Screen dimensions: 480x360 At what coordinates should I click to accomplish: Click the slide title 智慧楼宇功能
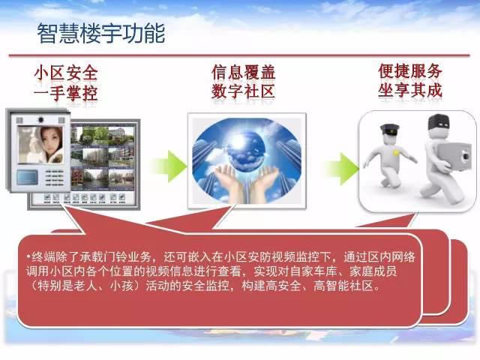pyautogui.click(x=101, y=33)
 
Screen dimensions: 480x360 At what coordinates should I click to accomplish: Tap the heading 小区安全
pyautogui.click(x=66, y=73)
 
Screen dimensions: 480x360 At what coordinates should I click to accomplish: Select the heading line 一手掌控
pyautogui.click(x=66, y=93)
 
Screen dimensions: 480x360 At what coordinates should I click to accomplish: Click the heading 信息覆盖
pyautogui.click(x=243, y=72)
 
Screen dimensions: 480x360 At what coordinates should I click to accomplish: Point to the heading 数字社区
pyautogui.click(x=243, y=91)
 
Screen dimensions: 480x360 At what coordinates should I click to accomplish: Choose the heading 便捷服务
pyautogui.click(x=410, y=71)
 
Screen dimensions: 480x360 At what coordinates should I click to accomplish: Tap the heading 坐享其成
pyautogui.click(x=410, y=90)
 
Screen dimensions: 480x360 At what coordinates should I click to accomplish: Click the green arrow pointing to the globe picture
pyautogui.click(x=170, y=166)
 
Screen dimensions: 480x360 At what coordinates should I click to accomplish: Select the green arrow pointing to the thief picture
pyautogui.click(x=342, y=169)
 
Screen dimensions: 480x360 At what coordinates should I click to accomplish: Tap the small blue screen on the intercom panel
pyautogui.click(x=27, y=177)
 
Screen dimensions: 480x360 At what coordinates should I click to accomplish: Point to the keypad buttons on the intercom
pyautogui.click(x=55, y=178)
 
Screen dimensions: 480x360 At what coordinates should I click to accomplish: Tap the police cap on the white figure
pyautogui.click(x=390, y=130)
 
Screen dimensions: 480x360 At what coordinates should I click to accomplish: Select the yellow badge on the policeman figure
pyautogui.click(x=397, y=152)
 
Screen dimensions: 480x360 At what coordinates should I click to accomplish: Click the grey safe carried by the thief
pyautogui.click(x=455, y=156)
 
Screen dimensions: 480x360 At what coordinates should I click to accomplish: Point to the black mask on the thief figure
pyautogui.click(x=439, y=122)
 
